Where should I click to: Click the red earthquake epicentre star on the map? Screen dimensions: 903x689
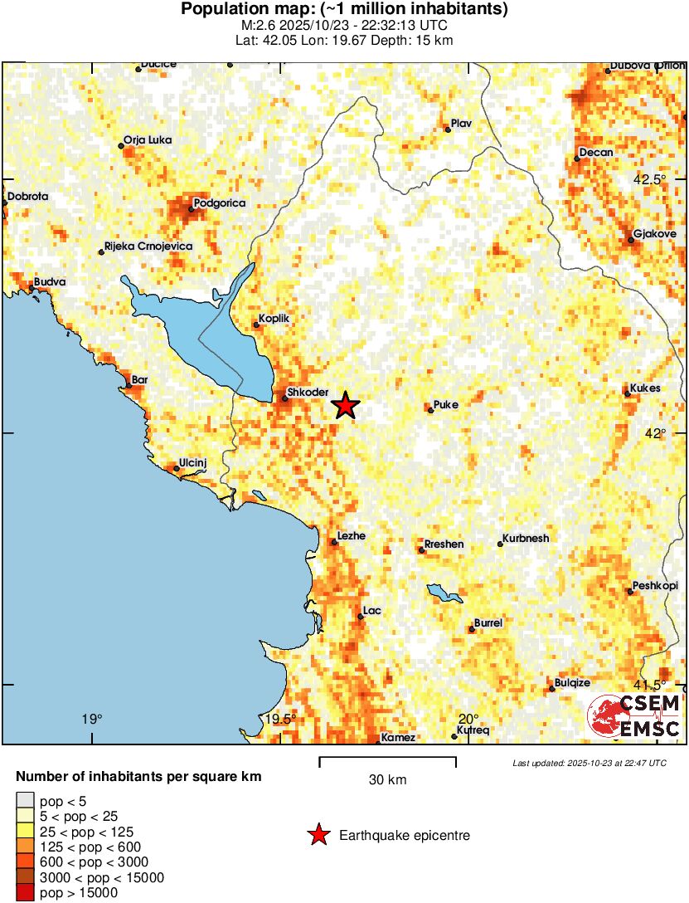(346, 405)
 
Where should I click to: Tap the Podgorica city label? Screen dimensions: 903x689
(219, 203)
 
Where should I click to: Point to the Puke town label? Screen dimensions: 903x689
(446, 404)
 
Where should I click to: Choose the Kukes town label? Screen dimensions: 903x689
(644, 388)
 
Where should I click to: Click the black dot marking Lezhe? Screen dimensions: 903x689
(334, 542)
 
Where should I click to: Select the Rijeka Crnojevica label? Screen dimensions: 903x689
(148, 247)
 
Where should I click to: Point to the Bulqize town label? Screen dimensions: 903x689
(572, 682)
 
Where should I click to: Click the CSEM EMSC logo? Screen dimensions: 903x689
(634, 718)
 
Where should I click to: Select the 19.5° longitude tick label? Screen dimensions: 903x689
(280, 719)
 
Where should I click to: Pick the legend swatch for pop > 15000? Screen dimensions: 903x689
(26, 893)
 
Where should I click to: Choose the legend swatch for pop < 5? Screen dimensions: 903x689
(26, 802)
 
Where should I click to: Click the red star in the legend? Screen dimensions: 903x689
(318, 835)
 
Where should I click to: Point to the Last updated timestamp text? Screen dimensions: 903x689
(589, 763)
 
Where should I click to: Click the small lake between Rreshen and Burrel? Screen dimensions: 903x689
(445, 593)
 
